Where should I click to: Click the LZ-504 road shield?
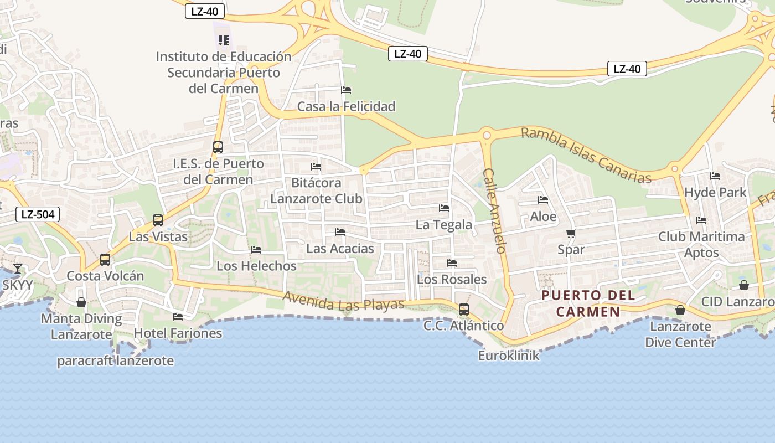click(x=38, y=214)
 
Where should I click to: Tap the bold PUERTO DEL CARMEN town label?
click(x=588, y=303)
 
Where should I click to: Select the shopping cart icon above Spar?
click(x=571, y=234)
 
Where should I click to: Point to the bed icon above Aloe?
click(x=542, y=200)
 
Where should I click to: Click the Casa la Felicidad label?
click(x=347, y=106)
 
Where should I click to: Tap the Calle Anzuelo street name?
click(x=494, y=210)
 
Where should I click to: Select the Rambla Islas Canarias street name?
click(x=586, y=155)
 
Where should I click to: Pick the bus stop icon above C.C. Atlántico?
click(x=464, y=310)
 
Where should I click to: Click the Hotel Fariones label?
click(x=178, y=333)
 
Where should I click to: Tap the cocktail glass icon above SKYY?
click(x=18, y=269)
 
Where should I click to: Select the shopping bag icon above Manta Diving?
click(x=81, y=302)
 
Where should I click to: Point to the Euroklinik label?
click(x=509, y=356)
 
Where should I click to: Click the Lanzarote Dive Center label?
click(x=680, y=334)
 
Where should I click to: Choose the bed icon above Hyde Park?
click(x=715, y=176)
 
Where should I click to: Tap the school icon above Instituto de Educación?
click(x=224, y=40)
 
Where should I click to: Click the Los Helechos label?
click(x=256, y=266)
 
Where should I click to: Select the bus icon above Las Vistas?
click(x=158, y=220)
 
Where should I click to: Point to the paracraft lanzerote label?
click(x=116, y=361)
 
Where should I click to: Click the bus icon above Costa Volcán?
click(x=105, y=260)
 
